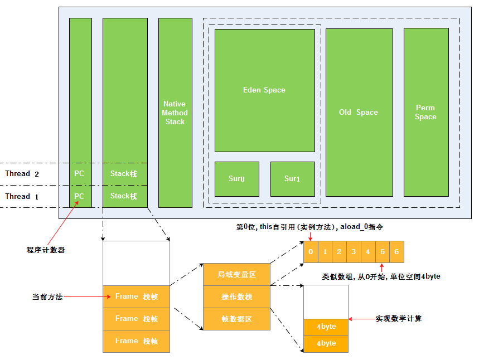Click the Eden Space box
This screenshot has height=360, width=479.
(x=264, y=90)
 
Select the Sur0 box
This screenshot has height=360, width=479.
(x=237, y=179)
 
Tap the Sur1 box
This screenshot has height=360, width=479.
(x=293, y=179)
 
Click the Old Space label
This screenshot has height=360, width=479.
(x=359, y=113)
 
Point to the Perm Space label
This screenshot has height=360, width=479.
(x=425, y=113)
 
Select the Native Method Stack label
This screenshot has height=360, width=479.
(x=175, y=113)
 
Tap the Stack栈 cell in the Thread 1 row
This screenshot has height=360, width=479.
(x=125, y=196)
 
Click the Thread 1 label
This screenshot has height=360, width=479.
(x=22, y=196)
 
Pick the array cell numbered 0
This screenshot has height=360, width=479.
(x=311, y=251)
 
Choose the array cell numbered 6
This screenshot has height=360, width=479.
(x=396, y=251)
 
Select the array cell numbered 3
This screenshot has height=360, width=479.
(x=354, y=251)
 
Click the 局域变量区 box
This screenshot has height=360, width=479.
(x=237, y=275)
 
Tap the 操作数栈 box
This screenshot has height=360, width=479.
(x=237, y=297)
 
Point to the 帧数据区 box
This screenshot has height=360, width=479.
(x=237, y=319)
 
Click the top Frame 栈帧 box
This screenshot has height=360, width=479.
(x=136, y=296)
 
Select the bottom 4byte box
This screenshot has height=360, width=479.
(x=326, y=344)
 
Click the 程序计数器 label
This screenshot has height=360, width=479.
(x=46, y=250)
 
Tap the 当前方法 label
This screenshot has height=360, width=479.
(x=47, y=297)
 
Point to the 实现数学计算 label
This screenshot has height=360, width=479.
(x=398, y=319)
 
